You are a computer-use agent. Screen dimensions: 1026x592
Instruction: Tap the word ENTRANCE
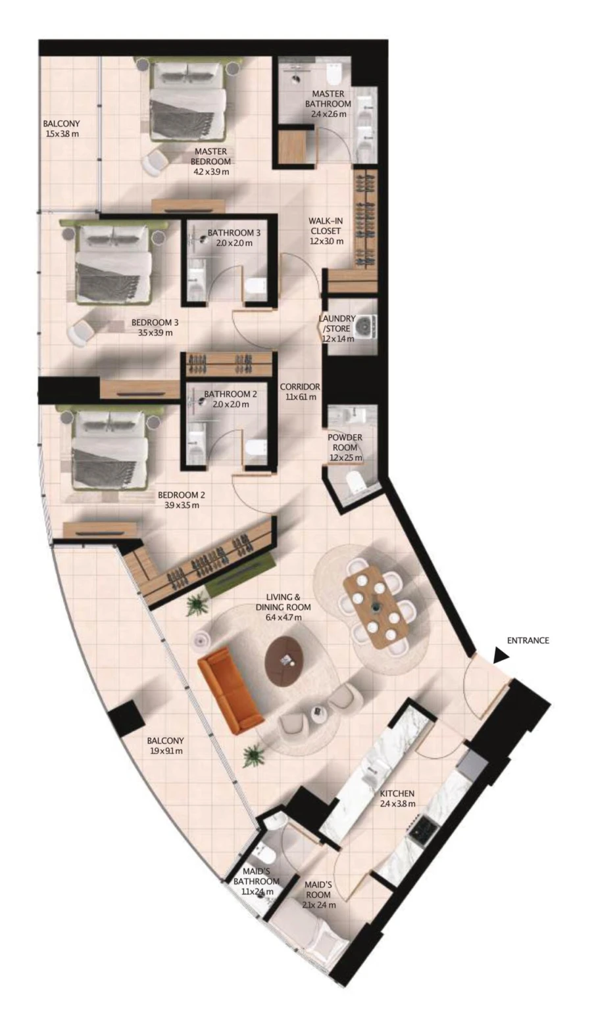coord(528,640)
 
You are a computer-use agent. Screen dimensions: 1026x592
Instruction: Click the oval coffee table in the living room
coord(285,661)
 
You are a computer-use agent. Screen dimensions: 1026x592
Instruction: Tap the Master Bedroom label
coord(210,156)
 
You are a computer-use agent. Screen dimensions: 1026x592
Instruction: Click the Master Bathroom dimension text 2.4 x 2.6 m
coord(329,114)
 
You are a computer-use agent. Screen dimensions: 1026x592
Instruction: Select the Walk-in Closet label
coord(326,231)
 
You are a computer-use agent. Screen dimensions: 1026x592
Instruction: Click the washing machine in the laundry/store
coord(364,324)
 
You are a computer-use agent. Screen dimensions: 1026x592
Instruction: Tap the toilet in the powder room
coord(357,482)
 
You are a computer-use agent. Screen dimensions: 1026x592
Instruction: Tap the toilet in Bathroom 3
coord(256,285)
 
